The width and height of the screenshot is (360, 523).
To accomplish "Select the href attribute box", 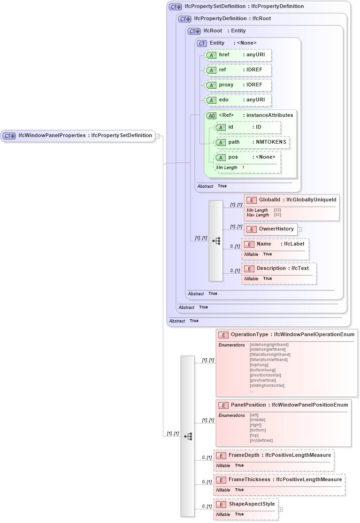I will click(x=238, y=55).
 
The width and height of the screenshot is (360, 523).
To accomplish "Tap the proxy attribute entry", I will click(x=238, y=85).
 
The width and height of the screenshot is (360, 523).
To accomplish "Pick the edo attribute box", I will click(x=238, y=100).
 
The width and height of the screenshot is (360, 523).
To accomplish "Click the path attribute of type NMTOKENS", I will click(x=252, y=142).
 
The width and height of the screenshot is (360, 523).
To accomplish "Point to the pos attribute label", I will click(x=233, y=157).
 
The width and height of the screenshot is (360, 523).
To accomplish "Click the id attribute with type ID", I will click(x=247, y=127).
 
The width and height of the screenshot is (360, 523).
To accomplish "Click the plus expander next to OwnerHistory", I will click(x=299, y=230).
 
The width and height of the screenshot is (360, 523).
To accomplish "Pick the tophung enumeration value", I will click(x=259, y=365).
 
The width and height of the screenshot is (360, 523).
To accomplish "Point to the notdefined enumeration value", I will click(x=261, y=440).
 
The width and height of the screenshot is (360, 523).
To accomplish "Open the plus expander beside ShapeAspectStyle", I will click(x=281, y=509).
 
